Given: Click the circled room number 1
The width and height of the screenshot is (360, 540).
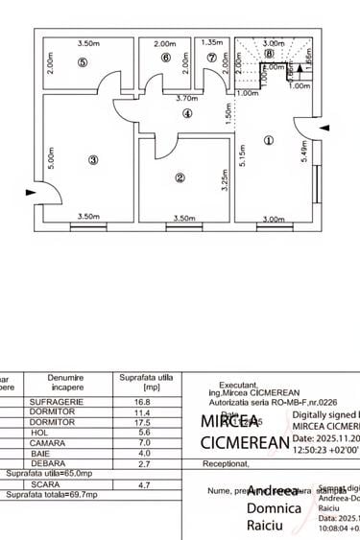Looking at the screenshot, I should pos(268,139).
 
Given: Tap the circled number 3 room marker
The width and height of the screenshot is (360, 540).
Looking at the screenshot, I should pos(93,160).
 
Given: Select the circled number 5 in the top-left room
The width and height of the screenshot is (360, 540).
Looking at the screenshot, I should pos(83,62).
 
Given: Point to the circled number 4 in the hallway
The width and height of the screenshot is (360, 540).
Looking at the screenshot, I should pos(187,114).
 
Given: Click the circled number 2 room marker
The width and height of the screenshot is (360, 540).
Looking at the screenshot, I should pos(180,177).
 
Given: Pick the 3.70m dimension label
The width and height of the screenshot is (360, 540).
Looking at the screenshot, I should pos(186,98).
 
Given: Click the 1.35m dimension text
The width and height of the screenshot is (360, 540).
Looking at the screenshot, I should pos(213,43).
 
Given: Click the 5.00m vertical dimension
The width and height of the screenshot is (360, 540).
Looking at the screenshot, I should pos(50,156).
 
